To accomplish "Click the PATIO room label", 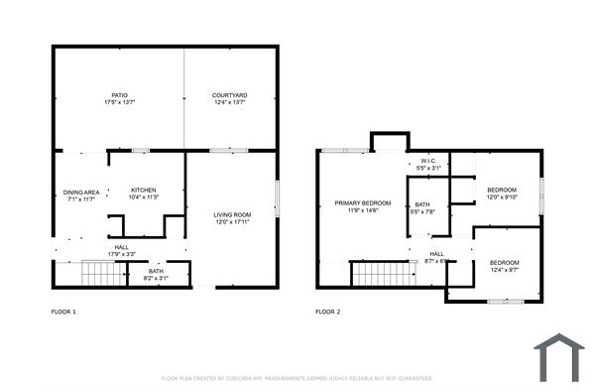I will pos(119,95).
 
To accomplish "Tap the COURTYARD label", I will pos(229,95).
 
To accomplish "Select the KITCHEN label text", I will pos(143,191).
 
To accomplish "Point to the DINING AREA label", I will pos(80,193).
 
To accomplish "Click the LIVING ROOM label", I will pos(233,214).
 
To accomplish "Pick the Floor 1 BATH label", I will pos(156,271).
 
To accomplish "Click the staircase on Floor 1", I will pos(100,272).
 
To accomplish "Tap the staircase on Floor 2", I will pos(381,272).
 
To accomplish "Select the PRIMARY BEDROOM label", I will pos(356,202).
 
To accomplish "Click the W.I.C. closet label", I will pos(428,161).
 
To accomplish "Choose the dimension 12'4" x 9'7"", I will pos(505,269).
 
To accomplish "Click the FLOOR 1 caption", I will pos(63,312).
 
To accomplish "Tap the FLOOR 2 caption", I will pos(327,312).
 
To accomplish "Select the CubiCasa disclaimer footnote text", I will pos(297,378).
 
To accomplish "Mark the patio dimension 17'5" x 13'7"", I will pos(119,102).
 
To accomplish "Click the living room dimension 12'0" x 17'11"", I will pos(233,221).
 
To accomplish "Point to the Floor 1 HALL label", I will pos(121,247).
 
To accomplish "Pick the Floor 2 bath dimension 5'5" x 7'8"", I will pos(423,211).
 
